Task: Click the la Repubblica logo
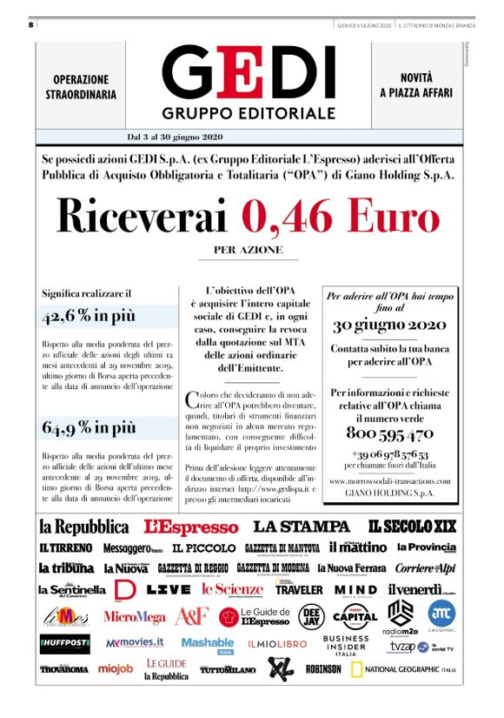tap(83, 527)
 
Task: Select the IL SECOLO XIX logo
tap(412, 527)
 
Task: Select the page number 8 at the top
tap(30, 24)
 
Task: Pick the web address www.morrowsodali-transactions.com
tap(390, 481)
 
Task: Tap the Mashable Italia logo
tap(207, 644)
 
